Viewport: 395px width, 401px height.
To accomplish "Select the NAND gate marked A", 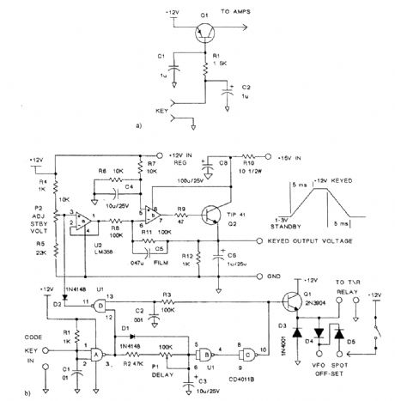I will (97, 351).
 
